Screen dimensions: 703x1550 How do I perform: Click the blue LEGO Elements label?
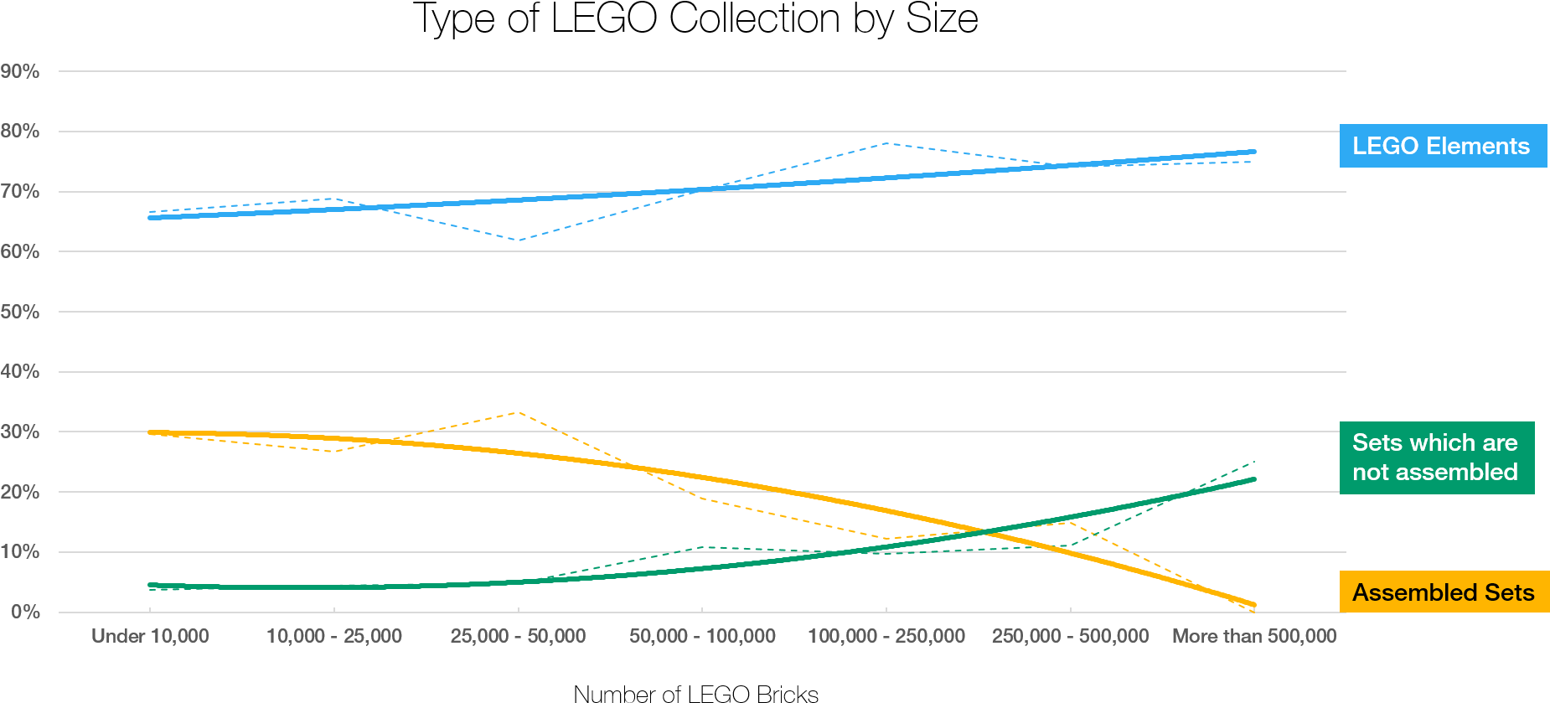[x=1442, y=146]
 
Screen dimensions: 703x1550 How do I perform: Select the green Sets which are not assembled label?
[x=1436, y=457]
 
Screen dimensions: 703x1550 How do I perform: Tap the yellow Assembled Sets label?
[x=1444, y=592]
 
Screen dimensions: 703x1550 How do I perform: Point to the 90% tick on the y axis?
[x=20, y=71]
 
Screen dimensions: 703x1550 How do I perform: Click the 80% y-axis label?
[x=20, y=132]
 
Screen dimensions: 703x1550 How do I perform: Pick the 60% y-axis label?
[x=20, y=251]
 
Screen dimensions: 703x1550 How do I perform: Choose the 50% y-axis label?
[x=20, y=312]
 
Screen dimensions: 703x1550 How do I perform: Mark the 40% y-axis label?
[x=20, y=371]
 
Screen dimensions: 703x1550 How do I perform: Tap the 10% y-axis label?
[x=20, y=551]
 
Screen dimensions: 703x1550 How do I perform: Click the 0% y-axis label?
[x=25, y=612]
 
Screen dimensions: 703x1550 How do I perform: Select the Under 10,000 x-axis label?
[x=150, y=636]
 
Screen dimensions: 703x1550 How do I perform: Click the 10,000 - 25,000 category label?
[x=334, y=636]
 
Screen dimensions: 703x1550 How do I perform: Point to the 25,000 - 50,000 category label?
[x=518, y=636]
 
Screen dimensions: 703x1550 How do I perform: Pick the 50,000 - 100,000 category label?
[x=702, y=636]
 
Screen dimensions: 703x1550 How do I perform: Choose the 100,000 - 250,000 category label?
[x=886, y=636]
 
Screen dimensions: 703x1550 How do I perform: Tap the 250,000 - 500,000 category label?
[x=1070, y=636]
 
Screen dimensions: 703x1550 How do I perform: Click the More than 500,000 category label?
[x=1254, y=636]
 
